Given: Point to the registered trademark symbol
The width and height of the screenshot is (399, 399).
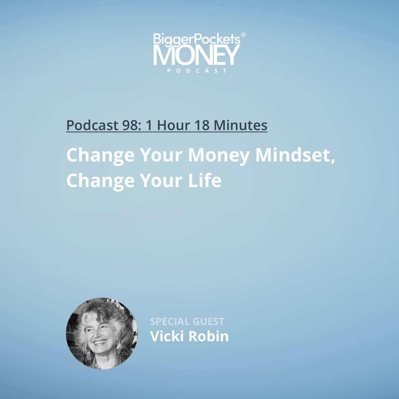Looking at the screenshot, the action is point(243,35).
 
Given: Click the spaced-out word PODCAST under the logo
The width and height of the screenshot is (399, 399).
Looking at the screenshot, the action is point(197,71).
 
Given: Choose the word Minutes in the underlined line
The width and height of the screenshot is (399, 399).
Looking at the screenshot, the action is point(240,125).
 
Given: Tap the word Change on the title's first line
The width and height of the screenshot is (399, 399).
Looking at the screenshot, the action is point(100,156).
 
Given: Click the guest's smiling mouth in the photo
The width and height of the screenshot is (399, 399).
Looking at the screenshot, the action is point(100,342).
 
